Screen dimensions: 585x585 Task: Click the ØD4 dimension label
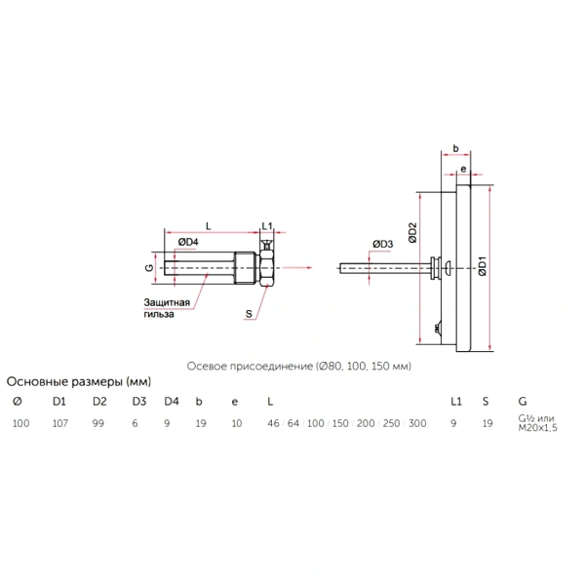188,242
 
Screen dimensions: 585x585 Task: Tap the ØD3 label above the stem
383,244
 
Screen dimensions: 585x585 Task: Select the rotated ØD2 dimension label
412,233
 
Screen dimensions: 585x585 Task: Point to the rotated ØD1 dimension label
483,266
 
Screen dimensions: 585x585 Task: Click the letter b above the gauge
455,148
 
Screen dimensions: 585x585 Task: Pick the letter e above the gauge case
463,169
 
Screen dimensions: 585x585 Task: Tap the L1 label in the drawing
267,226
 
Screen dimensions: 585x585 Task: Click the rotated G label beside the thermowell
149,267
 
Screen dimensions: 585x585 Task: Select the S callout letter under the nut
249,314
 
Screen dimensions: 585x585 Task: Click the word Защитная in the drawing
167,302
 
